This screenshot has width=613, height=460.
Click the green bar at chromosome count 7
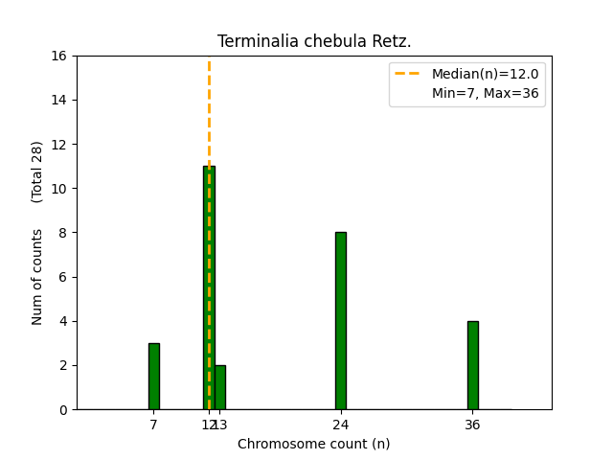(154, 376)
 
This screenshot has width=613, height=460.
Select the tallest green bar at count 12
(209, 287)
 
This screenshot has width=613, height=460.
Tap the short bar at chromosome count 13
(220, 387)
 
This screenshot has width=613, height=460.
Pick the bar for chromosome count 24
(341, 320)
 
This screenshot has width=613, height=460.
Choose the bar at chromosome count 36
(472, 365)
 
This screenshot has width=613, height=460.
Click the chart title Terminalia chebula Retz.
(314, 41)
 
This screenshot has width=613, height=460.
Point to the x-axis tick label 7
(154, 424)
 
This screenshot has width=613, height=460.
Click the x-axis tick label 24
(341, 424)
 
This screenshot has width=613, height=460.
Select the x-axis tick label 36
(472, 424)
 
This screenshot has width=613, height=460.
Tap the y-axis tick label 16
(59, 56)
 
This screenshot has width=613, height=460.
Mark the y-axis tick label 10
(59, 189)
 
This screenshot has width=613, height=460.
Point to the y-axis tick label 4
(63, 321)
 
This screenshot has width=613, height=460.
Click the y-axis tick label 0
(63, 410)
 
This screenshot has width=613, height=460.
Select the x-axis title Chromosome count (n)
(314, 444)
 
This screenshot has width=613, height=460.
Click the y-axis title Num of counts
(37, 277)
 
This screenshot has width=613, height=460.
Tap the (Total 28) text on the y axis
(37, 172)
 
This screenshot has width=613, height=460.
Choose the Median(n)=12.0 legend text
(485, 74)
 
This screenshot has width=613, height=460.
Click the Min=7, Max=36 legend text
(485, 92)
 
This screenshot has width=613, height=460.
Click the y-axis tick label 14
(59, 100)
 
